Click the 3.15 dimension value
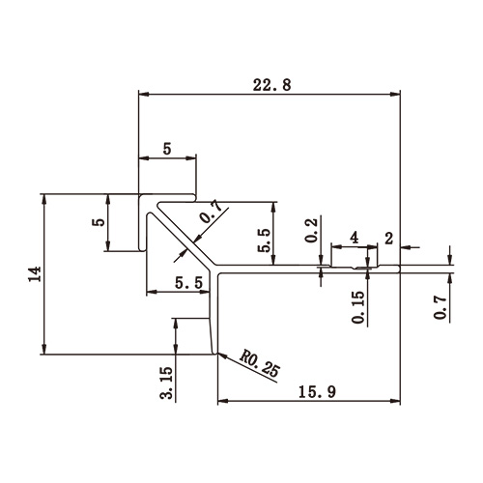pyautogui.click(x=166, y=383)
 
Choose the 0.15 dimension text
pyautogui.click(x=359, y=307)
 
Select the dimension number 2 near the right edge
pyautogui.click(x=388, y=237)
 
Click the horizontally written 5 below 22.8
pyautogui.click(x=167, y=150)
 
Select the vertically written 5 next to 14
pyautogui.click(x=98, y=221)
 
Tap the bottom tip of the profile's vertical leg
pyautogui.click(x=214, y=354)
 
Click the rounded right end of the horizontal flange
pyautogui.click(x=399, y=270)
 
